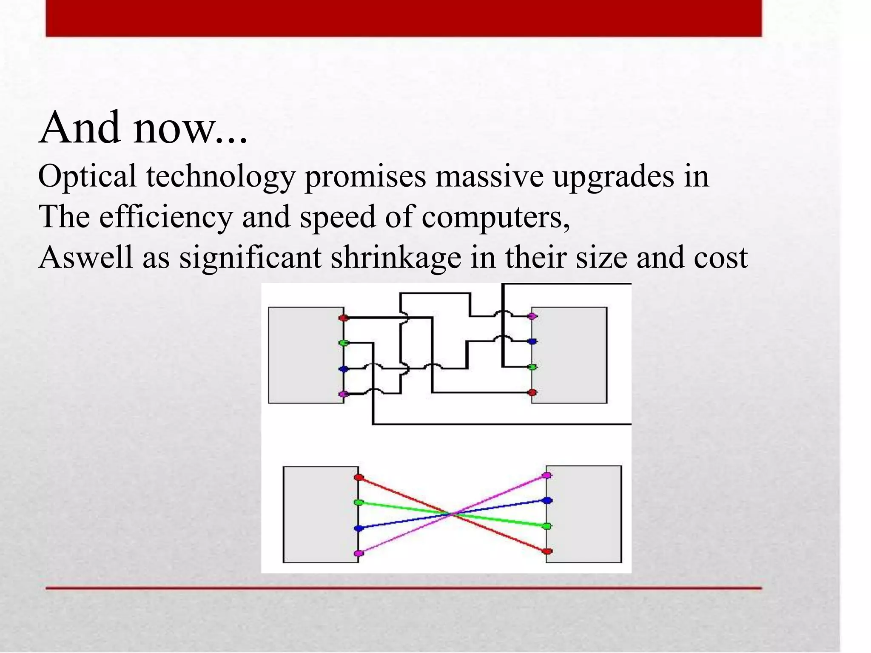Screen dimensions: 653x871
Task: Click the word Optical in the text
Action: pyautogui.click(x=87, y=176)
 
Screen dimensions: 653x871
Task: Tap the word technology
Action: pyautogui.click(x=221, y=176)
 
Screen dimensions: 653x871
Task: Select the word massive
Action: pyautogui.click(x=489, y=176)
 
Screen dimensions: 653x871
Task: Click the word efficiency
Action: pyautogui.click(x=166, y=217)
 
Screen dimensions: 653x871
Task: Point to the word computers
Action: pyautogui.click(x=495, y=217)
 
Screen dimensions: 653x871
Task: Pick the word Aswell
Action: pyautogui.click(x=85, y=258)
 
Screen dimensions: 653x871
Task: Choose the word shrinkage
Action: pyautogui.click(x=396, y=258)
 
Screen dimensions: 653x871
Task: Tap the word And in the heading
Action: pyautogui.click(x=79, y=128)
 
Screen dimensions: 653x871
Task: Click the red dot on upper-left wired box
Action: pyautogui.click(x=344, y=318)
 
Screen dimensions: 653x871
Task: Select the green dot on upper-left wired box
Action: pyautogui.click(x=344, y=343)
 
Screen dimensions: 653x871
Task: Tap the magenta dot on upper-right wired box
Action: pyautogui.click(x=532, y=316)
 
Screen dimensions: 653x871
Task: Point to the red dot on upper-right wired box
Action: pyautogui.click(x=532, y=392)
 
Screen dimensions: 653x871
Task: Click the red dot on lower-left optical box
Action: pyautogui.click(x=359, y=477)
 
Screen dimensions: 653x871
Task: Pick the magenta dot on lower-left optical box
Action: pyautogui.click(x=359, y=553)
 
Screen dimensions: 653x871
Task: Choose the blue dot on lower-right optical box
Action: pyautogui.click(x=548, y=500)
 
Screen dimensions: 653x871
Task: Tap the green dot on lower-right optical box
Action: pyautogui.click(x=548, y=526)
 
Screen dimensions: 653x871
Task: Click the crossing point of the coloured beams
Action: pyautogui.click(x=453, y=514)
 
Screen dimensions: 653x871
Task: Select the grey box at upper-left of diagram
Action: pyautogui.click(x=306, y=355)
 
